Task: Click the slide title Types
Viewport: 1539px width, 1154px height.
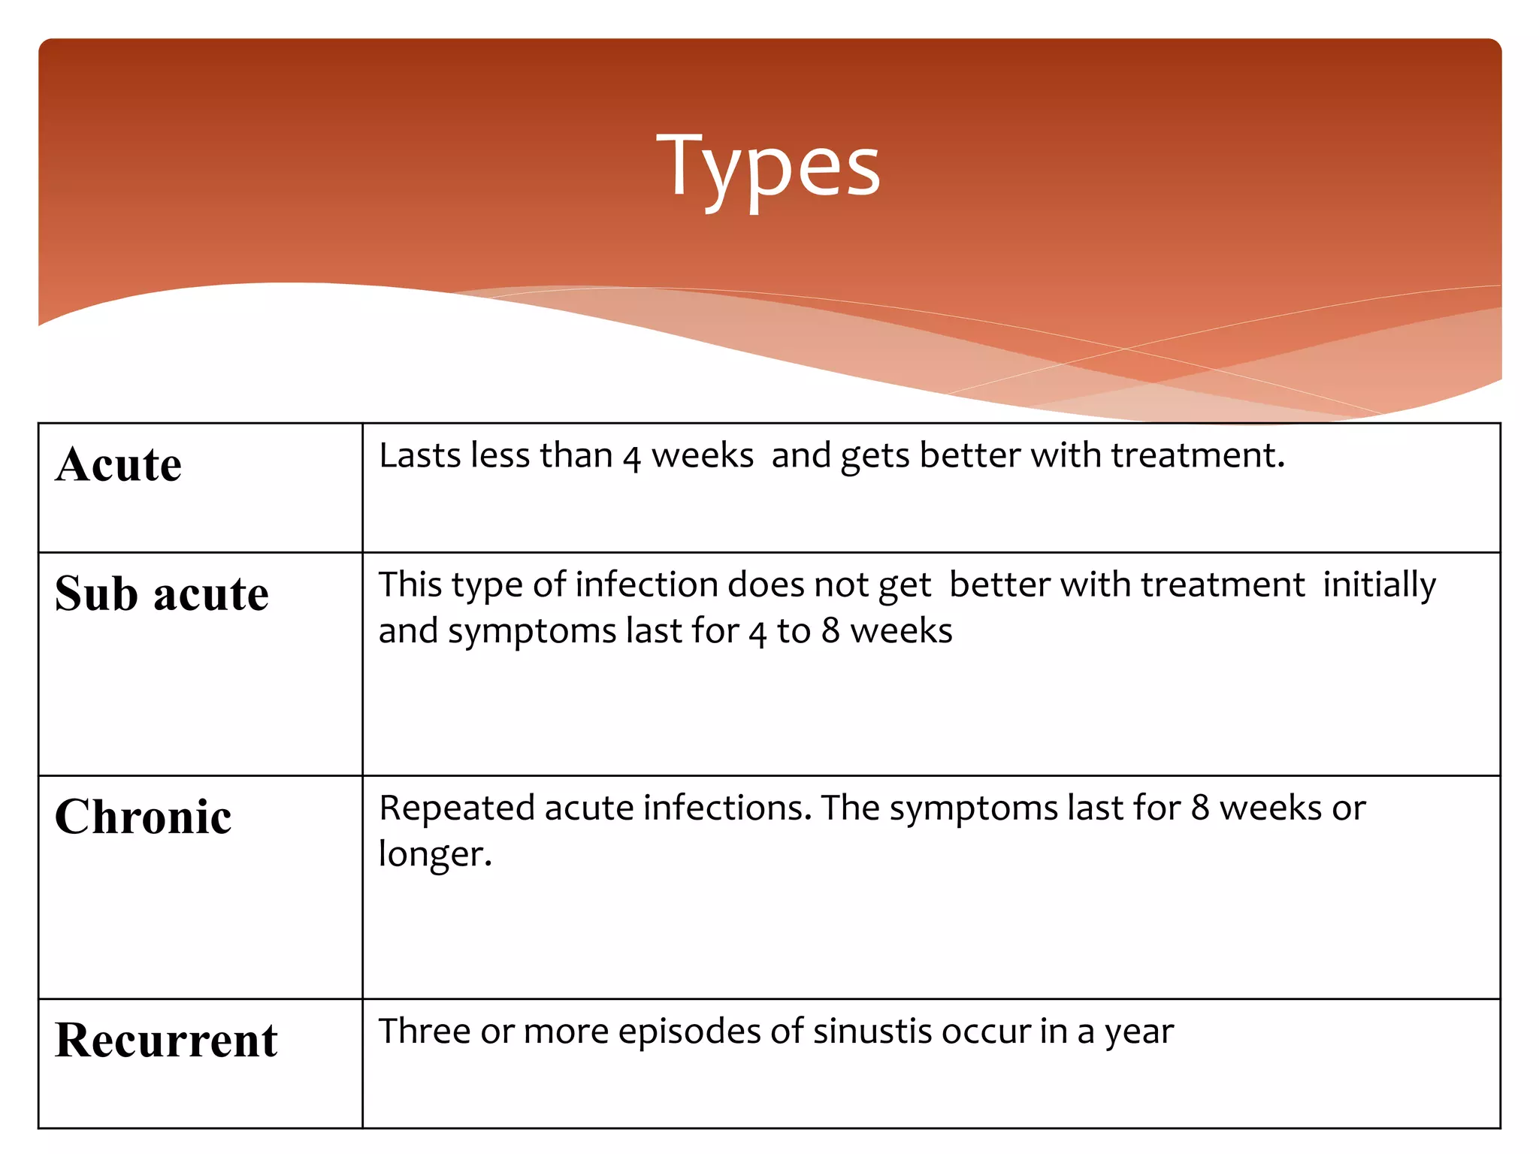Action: click(768, 167)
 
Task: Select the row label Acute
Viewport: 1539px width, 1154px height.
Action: click(119, 464)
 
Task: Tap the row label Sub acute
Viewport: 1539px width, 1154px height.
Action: click(162, 594)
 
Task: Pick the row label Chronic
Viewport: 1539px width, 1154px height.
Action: click(144, 817)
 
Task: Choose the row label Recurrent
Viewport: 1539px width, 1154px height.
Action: click(166, 1041)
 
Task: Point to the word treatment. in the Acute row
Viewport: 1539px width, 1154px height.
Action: click(1198, 456)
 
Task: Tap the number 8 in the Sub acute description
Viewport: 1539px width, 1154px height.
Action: click(830, 631)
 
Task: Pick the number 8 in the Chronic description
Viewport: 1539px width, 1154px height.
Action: click(1200, 808)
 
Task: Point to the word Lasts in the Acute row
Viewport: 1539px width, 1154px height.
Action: click(420, 456)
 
